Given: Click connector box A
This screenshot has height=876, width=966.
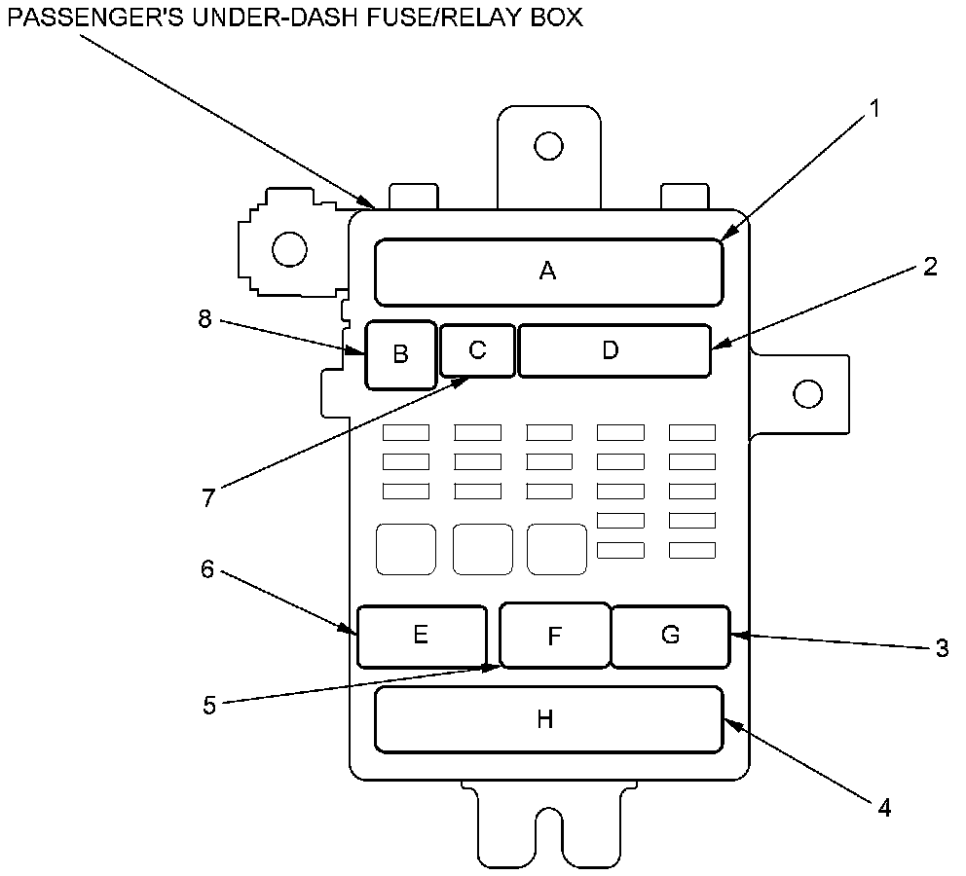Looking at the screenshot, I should coord(548,272).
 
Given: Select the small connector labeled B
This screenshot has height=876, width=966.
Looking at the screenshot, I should coord(400,354).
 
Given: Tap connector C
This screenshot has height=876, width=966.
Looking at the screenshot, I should coord(477,350).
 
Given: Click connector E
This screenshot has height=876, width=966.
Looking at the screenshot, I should coord(421,636).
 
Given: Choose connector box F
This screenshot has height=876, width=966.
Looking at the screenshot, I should coord(554,637).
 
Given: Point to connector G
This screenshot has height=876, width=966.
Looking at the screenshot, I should coord(670,636).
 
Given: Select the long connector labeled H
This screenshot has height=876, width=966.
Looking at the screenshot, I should coord(547,719).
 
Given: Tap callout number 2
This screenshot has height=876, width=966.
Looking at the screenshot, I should coord(930,267).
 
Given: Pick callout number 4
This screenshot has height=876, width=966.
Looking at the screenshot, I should coord(883,807).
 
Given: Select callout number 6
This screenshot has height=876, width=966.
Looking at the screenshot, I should coord(207,569).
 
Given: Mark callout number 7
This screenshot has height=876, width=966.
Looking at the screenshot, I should coord(207,496).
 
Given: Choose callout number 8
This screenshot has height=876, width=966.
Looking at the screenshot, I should coord(205,319).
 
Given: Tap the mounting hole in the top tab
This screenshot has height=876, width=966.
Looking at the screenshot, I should coord(548,146).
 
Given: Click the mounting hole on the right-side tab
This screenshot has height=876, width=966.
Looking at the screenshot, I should coord(807,394).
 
